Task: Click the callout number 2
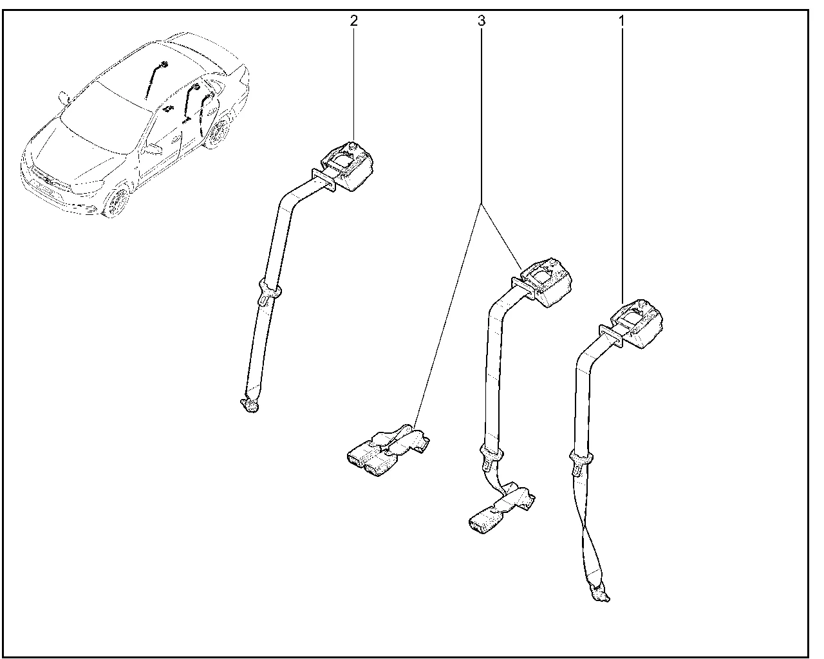tap(353, 21)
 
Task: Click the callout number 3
tap(482, 21)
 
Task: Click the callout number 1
tap(621, 21)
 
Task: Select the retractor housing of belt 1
tap(637, 324)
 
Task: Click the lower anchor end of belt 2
tap(250, 405)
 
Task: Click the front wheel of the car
tap(117, 202)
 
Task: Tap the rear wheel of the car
tap(219, 130)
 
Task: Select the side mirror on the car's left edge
tap(63, 97)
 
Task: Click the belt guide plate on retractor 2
tap(324, 180)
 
